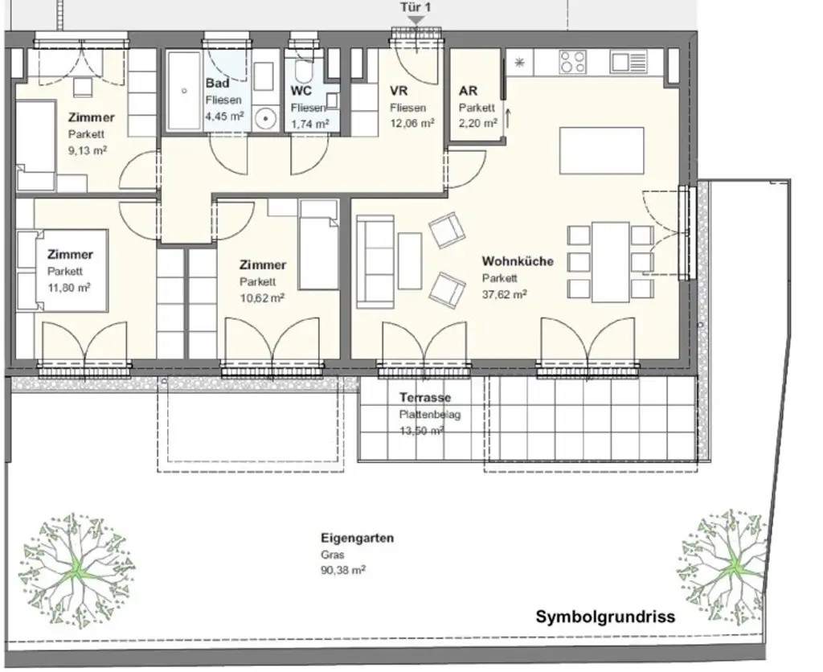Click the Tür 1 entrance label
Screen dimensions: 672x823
416,7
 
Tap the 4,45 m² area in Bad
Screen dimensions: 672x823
225,117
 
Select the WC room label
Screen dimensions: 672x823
301,91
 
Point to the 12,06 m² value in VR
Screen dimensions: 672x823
412,123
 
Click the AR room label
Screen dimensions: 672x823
468,91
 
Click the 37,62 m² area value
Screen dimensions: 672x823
504,294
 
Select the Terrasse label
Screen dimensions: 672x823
425,398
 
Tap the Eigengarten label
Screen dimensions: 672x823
357,539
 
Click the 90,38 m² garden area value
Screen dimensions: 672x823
343,570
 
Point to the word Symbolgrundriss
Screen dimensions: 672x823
605,617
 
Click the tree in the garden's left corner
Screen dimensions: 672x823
76,568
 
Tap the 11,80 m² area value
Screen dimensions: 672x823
68,287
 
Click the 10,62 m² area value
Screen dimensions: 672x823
261,297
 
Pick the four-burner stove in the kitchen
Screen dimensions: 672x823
572,62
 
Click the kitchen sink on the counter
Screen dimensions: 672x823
628,62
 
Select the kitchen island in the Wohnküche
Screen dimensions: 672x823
602,151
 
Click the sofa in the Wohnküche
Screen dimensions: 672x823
375,261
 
